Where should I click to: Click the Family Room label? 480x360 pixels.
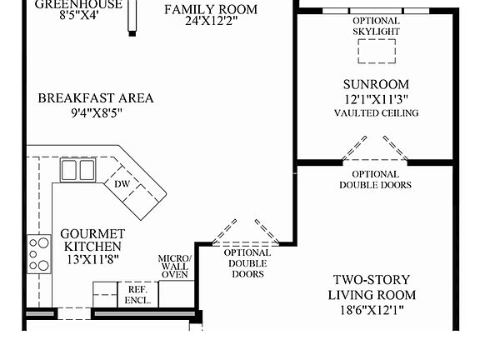click(210, 9)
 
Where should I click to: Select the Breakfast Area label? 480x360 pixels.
click(96, 98)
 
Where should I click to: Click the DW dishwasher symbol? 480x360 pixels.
click(122, 184)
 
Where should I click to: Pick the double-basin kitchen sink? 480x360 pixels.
click(77, 170)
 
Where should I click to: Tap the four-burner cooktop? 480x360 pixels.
click(39, 253)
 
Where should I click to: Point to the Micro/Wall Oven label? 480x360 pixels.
click(175, 266)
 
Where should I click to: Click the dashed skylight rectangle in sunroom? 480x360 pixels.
click(376, 52)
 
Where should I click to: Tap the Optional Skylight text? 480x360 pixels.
click(376, 26)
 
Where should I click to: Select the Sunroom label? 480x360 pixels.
click(376, 84)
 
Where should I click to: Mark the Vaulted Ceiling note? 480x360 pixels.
click(376, 112)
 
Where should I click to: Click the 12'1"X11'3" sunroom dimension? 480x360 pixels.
click(376, 99)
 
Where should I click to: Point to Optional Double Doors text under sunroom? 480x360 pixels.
click(374, 179)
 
